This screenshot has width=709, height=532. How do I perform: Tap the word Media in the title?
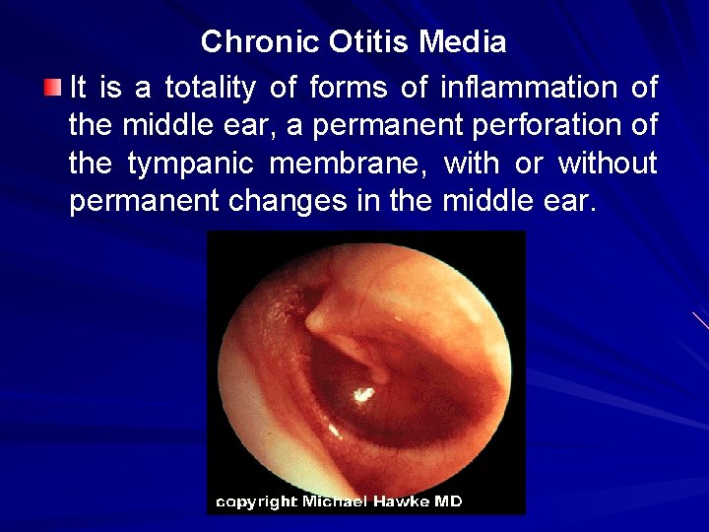click(x=463, y=42)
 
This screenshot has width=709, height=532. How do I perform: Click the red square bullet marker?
click(x=53, y=89)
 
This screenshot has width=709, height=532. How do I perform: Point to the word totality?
click(x=210, y=89)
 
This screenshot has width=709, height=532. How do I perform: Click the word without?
click(x=608, y=165)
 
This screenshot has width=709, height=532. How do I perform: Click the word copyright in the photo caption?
click(x=256, y=502)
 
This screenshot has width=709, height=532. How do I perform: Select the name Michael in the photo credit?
click(x=336, y=501)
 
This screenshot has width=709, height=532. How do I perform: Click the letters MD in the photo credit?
click(x=448, y=501)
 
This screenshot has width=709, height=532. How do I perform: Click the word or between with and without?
click(x=530, y=165)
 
